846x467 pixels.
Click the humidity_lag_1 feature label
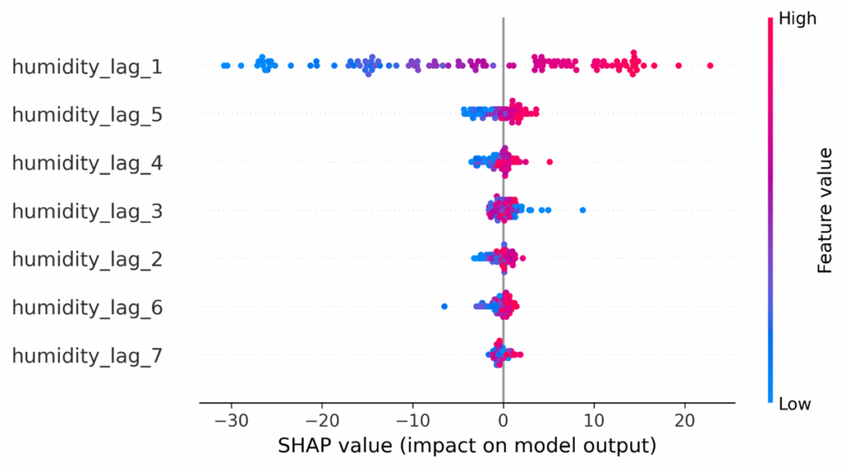click(x=87, y=66)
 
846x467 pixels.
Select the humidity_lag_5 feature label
click(x=87, y=114)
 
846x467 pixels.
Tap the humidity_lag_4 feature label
click(x=87, y=163)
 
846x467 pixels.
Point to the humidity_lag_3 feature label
click(x=87, y=211)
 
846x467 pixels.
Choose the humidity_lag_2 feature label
click(x=87, y=260)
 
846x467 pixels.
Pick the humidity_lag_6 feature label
click(x=87, y=307)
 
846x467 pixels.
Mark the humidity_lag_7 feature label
click(x=87, y=356)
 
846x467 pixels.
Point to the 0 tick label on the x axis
click(x=503, y=421)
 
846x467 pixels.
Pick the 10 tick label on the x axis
click(x=594, y=421)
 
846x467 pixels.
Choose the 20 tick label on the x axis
click(x=685, y=421)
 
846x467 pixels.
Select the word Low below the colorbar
click(x=795, y=404)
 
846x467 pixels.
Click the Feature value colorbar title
click(x=824, y=211)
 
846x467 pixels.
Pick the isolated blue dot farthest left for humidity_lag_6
click(x=444, y=307)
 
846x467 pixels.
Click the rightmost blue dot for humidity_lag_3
click(x=582, y=210)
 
